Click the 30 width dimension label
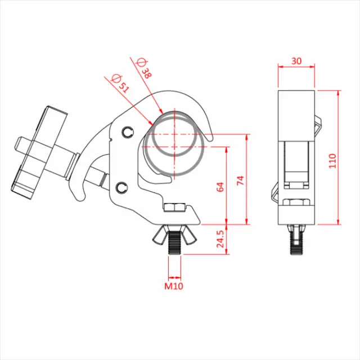click(x=296, y=60)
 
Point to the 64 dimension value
click(x=220, y=187)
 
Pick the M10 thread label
click(x=174, y=286)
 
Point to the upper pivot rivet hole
click(x=127, y=133)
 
